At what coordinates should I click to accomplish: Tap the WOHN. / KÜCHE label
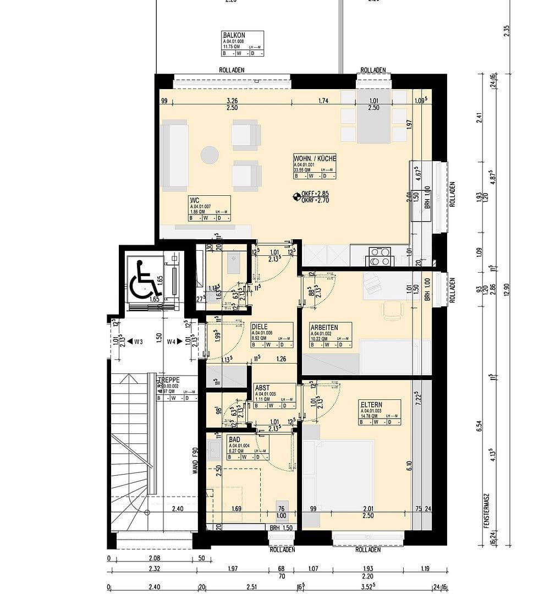(315, 158)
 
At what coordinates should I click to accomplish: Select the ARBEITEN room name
(324, 327)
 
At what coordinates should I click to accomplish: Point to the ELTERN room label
(372, 404)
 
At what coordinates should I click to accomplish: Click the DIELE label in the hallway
(260, 326)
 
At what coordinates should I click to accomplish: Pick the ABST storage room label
(262, 388)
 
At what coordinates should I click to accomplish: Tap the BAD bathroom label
(234, 439)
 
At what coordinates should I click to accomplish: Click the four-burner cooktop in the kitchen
(379, 256)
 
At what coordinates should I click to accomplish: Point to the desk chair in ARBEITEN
(393, 310)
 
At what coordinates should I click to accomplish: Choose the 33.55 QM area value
(303, 170)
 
